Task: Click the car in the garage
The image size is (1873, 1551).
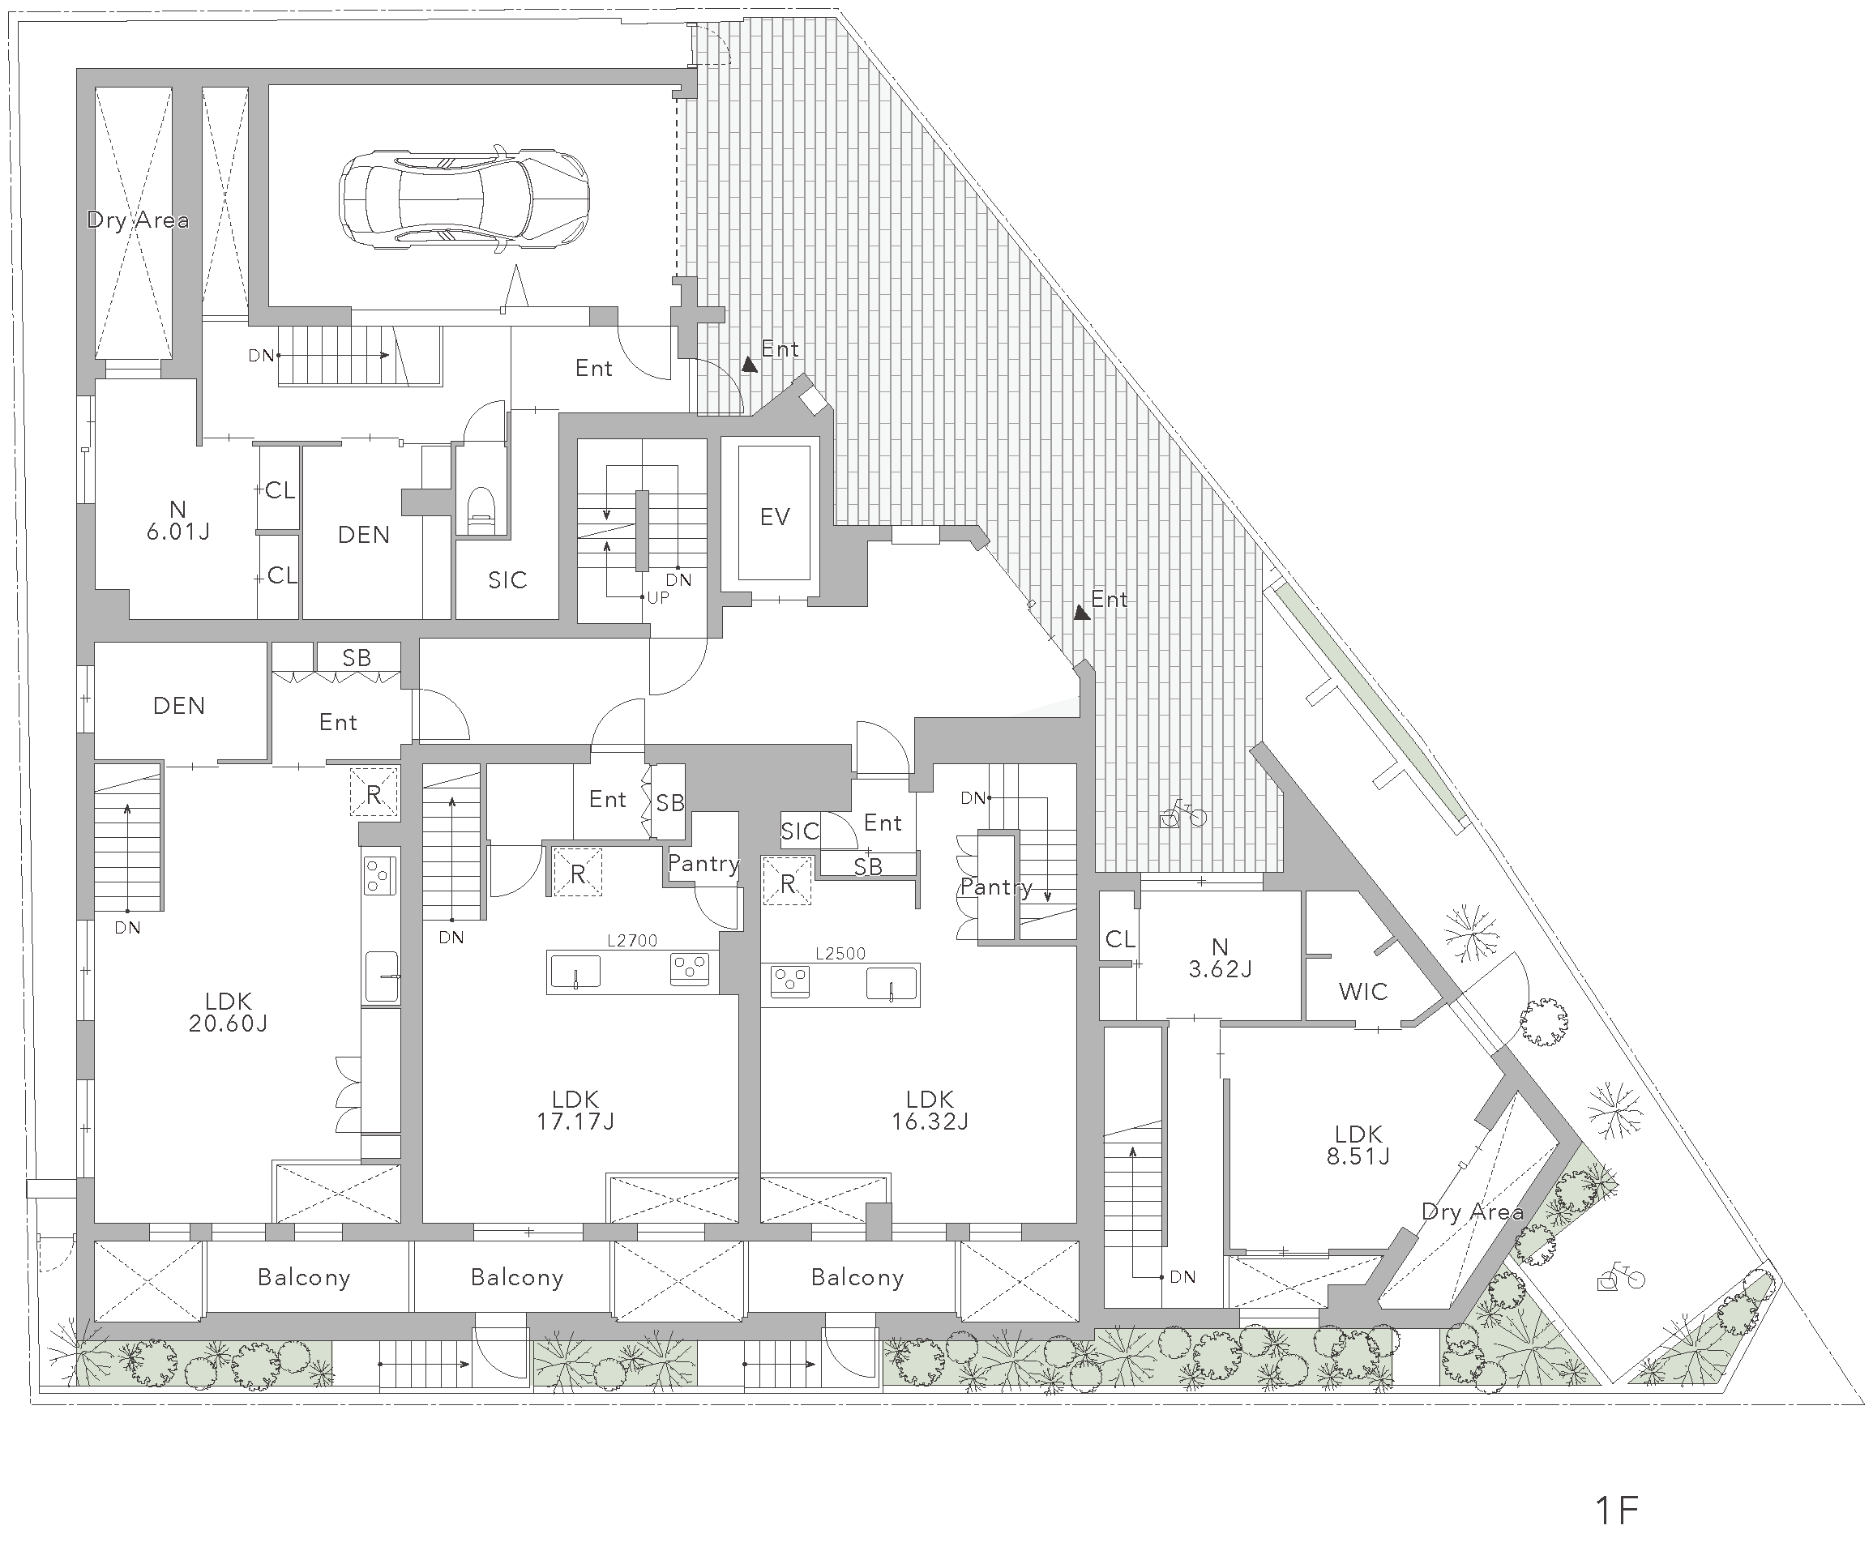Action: pos(464,197)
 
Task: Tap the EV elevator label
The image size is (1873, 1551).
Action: pos(774,516)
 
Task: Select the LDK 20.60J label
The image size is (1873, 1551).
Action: pos(229,1012)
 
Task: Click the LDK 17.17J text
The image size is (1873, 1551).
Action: pos(575,1110)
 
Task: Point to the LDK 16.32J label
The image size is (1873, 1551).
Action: pos(930,1110)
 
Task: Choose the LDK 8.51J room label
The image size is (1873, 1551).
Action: pos(1358,1145)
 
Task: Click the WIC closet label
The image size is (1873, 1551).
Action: pos(1363,991)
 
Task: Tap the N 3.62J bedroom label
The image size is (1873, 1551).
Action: pos(1220,958)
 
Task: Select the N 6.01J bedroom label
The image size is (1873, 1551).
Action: pos(178,521)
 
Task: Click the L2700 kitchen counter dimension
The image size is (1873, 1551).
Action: pos(631,940)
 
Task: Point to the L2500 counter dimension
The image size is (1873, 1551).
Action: pos(840,954)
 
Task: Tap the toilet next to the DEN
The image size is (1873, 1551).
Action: pos(481,511)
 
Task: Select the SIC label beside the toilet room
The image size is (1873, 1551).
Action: pos(507,581)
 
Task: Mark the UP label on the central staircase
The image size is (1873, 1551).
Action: pos(657,597)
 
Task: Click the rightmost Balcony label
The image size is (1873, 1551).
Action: pos(857,1278)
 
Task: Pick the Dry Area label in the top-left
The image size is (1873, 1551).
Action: pos(139,220)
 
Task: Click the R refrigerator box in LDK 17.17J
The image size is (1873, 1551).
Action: pos(578,872)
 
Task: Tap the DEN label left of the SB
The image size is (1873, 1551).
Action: pos(179,707)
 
